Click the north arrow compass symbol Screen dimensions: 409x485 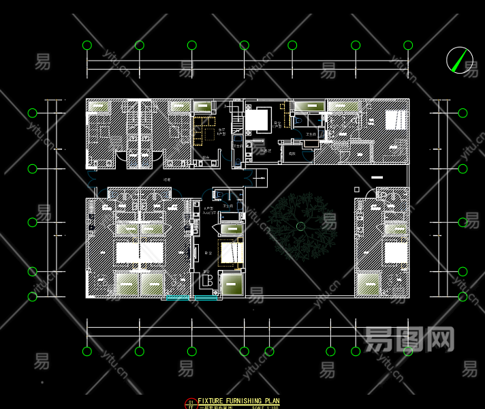pyautogui.click(x=460, y=60)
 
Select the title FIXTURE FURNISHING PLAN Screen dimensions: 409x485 pyautogui.click(x=238, y=401)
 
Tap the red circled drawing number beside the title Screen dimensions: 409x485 pyautogui.click(x=191, y=403)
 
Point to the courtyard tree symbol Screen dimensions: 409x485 pyautogui.click(x=300, y=226)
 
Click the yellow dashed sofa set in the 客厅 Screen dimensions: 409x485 pyautogui.click(x=204, y=131)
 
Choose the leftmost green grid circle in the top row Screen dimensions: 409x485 pyautogui.click(x=87, y=46)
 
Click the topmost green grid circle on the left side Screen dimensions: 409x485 pyautogui.click(x=32, y=113)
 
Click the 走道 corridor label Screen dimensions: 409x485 pyautogui.click(x=167, y=179)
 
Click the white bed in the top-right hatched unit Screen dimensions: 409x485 pyautogui.click(x=395, y=120)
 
